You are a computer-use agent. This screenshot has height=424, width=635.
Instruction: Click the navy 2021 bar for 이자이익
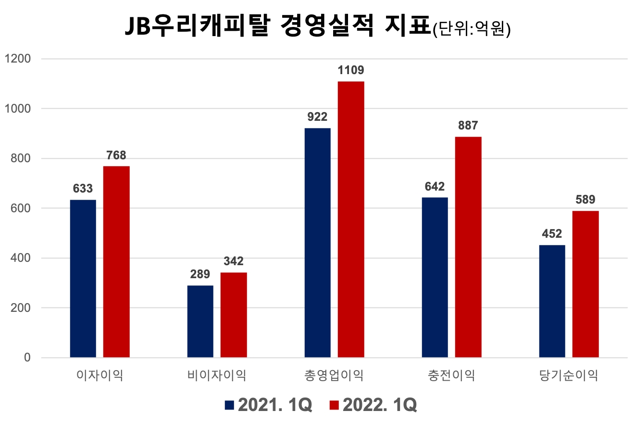coord(83,279)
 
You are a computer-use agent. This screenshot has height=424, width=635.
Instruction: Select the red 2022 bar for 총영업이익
coord(351,219)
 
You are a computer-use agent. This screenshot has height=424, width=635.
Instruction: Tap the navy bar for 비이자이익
coord(200,321)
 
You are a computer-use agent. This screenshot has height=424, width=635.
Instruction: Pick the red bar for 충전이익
coord(468,247)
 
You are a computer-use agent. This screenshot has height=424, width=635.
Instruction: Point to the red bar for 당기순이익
coord(585,284)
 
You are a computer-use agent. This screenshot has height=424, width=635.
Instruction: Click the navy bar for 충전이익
coord(435,277)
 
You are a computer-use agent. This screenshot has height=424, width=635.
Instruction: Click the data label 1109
coord(351,71)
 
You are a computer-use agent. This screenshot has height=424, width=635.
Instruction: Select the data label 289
coord(200,274)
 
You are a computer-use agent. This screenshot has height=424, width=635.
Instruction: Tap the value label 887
coord(468,126)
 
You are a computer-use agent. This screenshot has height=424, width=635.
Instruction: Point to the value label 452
coord(552,234)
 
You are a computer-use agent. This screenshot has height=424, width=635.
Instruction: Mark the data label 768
coord(116,155)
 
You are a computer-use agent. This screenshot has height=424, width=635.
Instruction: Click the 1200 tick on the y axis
coord(17,59)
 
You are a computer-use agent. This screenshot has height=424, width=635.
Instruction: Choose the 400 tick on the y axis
coord(21,258)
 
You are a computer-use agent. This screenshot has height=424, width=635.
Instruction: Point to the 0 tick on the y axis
coord(27,358)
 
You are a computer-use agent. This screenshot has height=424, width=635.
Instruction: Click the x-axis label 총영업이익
coord(334,375)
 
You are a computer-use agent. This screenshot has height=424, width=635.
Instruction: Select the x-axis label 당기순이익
coord(569,375)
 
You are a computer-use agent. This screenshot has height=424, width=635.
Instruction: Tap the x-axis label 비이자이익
coord(217,375)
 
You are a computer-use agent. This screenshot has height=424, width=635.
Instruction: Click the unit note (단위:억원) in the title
coord(471,30)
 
